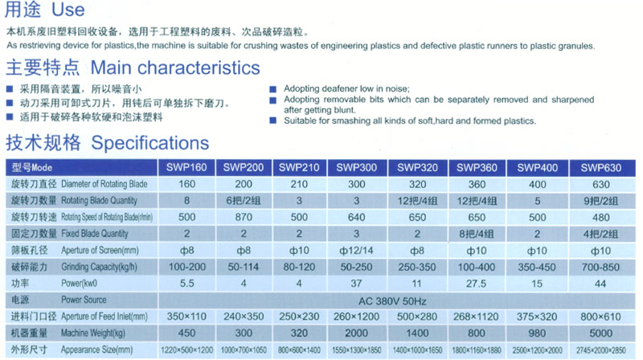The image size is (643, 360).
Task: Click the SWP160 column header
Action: click(186, 167)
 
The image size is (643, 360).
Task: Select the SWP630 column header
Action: click(600, 168)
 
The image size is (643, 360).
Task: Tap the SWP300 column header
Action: click(356, 167)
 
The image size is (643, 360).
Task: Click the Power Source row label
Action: click(84, 300)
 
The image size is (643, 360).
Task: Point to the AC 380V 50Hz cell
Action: click(392, 301)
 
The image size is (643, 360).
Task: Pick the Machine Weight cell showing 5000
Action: click(600, 333)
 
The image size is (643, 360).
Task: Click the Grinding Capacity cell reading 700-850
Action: click(600, 268)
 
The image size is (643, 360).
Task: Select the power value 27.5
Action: click(476, 284)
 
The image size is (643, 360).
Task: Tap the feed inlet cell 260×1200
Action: click(356, 317)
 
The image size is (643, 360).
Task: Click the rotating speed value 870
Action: click(244, 217)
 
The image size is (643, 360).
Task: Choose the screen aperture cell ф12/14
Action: click(356, 251)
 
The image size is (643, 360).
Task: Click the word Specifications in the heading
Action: click(150, 143)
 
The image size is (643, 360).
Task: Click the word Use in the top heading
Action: click(68, 10)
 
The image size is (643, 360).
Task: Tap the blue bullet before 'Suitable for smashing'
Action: click(273, 121)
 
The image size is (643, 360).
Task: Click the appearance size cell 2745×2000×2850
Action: click(600, 350)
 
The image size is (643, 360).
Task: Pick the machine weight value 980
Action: click(537, 333)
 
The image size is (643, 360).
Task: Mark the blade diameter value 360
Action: click(477, 185)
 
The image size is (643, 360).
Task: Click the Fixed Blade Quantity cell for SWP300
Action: click(356, 234)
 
